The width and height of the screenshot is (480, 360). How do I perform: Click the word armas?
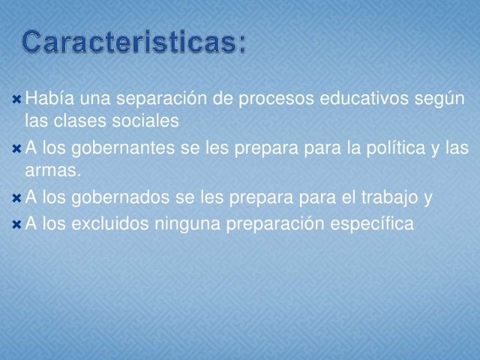point(51,171)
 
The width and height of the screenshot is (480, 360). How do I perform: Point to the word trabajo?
point(388,198)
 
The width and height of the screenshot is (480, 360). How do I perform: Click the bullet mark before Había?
point(16,99)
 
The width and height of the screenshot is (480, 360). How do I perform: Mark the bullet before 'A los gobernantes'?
point(16,148)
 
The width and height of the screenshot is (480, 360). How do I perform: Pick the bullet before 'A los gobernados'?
point(16,198)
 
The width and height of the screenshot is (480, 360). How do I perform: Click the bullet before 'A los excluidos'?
point(16,223)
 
